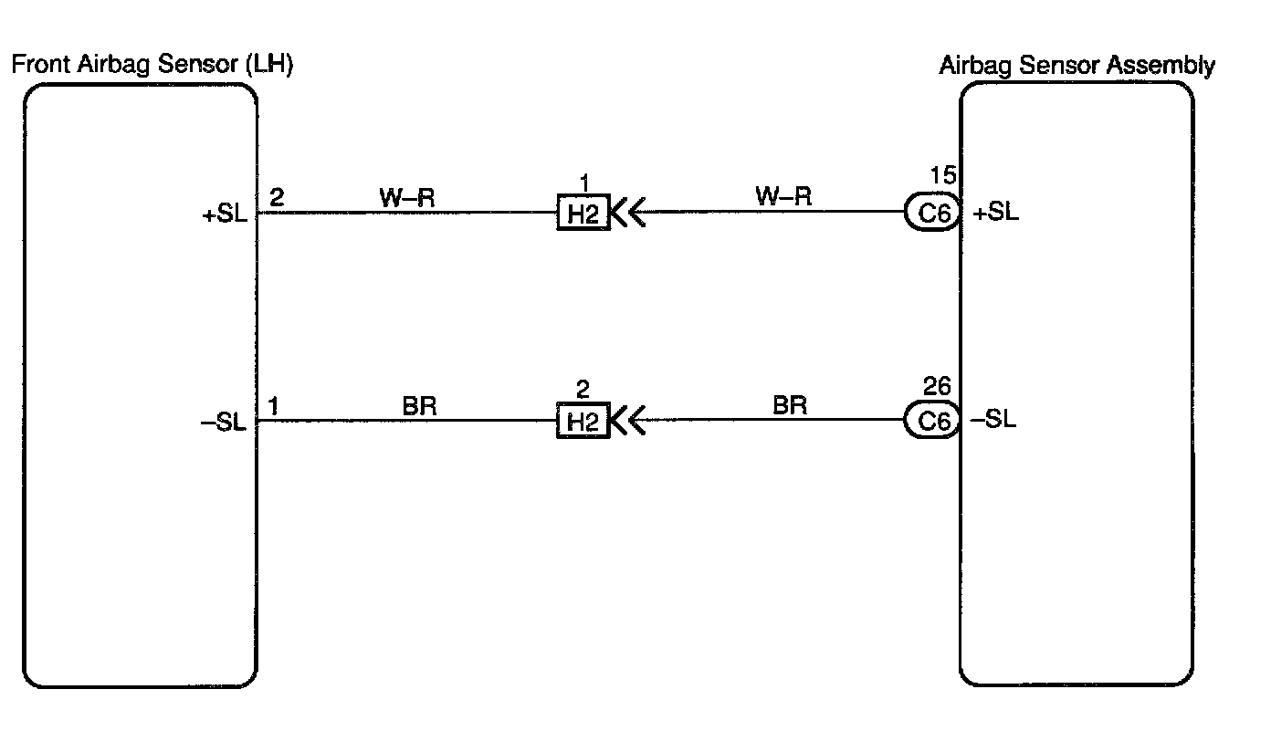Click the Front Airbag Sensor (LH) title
pyautogui.click(x=152, y=66)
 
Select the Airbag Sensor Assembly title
pyautogui.click(x=1077, y=66)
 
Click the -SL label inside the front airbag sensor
pyautogui.click(x=224, y=423)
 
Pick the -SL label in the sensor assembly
pyautogui.click(x=993, y=421)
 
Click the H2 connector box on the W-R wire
pyautogui.click(x=583, y=214)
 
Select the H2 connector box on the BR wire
pyautogui.click(x=583, y=422)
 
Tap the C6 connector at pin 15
pyautogui.click(x=931, y=214)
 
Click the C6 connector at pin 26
pyautogui.click(x=931, y=421)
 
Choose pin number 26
pyautogui.click(x=938, y=386)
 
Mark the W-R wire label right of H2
pyautogui.click(x=783, y=196)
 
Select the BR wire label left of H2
pyautogui.click(x=419, y=406)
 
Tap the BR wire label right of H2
pyautogui.click(x=790, y=404)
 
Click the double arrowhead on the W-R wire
pyautogui.click(x=628, y=214)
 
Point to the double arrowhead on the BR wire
pyautogui.click(x=628, y=422)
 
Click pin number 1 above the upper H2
pyautogui.click(x=583, y=183)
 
